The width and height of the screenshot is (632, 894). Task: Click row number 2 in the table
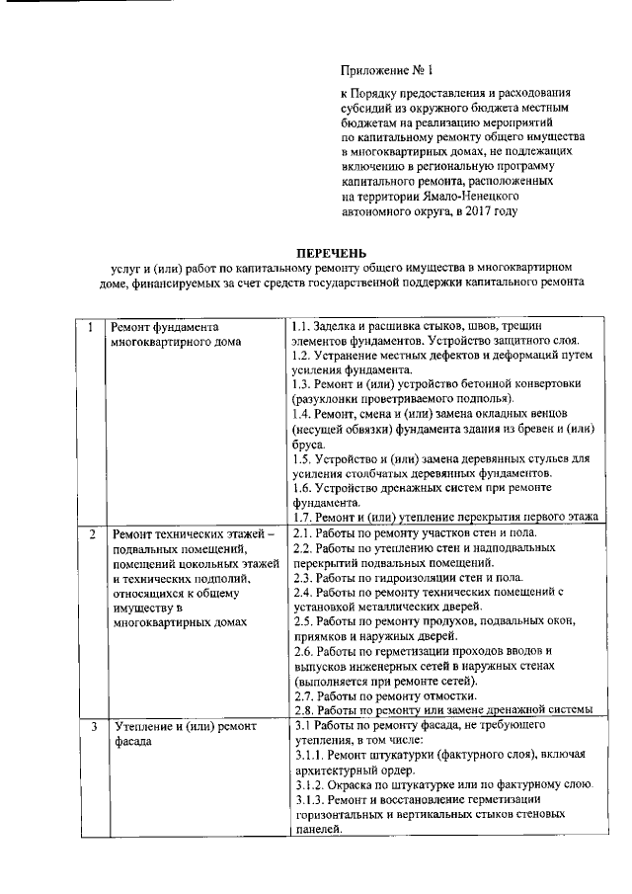coord(90,534)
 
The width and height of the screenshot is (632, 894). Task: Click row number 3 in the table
coord(90,727)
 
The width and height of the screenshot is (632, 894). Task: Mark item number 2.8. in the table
coord(303,709)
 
